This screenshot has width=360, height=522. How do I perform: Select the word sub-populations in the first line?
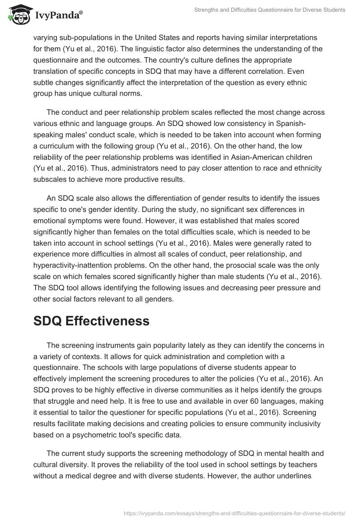click(x=89, y=37)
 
